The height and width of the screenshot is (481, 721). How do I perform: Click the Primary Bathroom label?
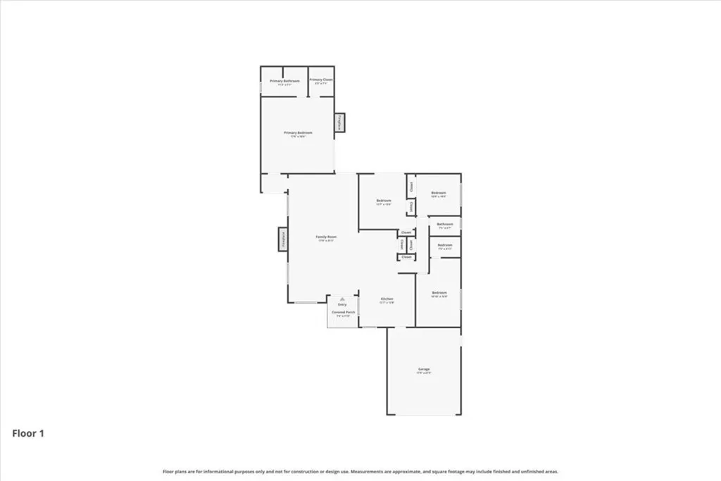click(284, 81)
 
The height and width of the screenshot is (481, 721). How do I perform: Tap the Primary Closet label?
click(321, 80)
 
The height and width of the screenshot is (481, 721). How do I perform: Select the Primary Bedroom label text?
click(298, 132)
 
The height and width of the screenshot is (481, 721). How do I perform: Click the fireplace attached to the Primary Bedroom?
click(340, 123)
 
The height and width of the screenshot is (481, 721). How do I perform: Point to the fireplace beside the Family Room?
click(282, 239)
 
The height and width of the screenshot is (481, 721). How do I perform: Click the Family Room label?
click(326, 237)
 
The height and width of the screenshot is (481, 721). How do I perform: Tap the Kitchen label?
click(387, 299)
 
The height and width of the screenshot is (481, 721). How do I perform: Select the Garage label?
click(423, 369)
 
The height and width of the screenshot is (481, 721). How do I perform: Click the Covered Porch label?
click(343, 311)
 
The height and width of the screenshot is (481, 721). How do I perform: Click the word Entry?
click(343, 304)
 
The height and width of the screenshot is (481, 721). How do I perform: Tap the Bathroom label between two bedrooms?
click(445, 224)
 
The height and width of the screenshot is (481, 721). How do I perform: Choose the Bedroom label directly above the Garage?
click(439, 292)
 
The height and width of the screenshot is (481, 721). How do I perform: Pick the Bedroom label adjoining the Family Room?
click(384, 201)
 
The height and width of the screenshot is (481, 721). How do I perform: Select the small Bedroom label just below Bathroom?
click(445, 245)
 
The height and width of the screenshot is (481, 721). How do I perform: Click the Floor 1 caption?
click(28, 434)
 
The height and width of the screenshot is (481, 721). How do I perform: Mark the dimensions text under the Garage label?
click(423, 373)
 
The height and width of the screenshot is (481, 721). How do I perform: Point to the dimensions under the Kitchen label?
click(387, 303)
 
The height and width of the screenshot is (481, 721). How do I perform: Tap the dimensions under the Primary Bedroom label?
click(298, 137)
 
